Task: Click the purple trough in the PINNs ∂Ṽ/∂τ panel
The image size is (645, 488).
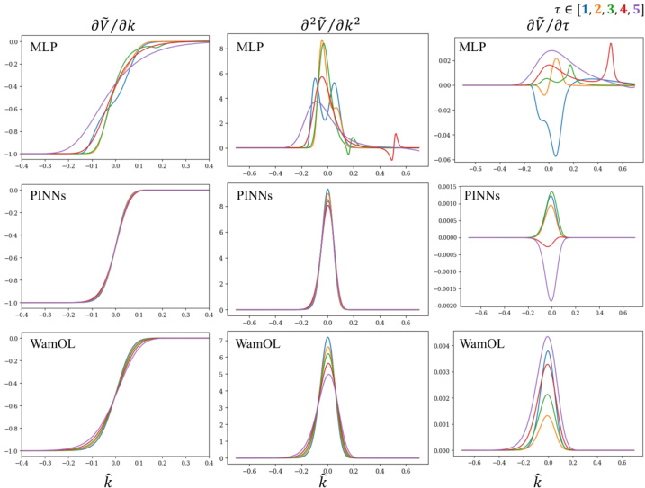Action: [551, 301]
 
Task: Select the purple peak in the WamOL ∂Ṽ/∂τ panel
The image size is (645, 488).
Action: [549, 337]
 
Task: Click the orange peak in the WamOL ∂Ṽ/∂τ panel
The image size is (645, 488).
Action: [549, 416]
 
